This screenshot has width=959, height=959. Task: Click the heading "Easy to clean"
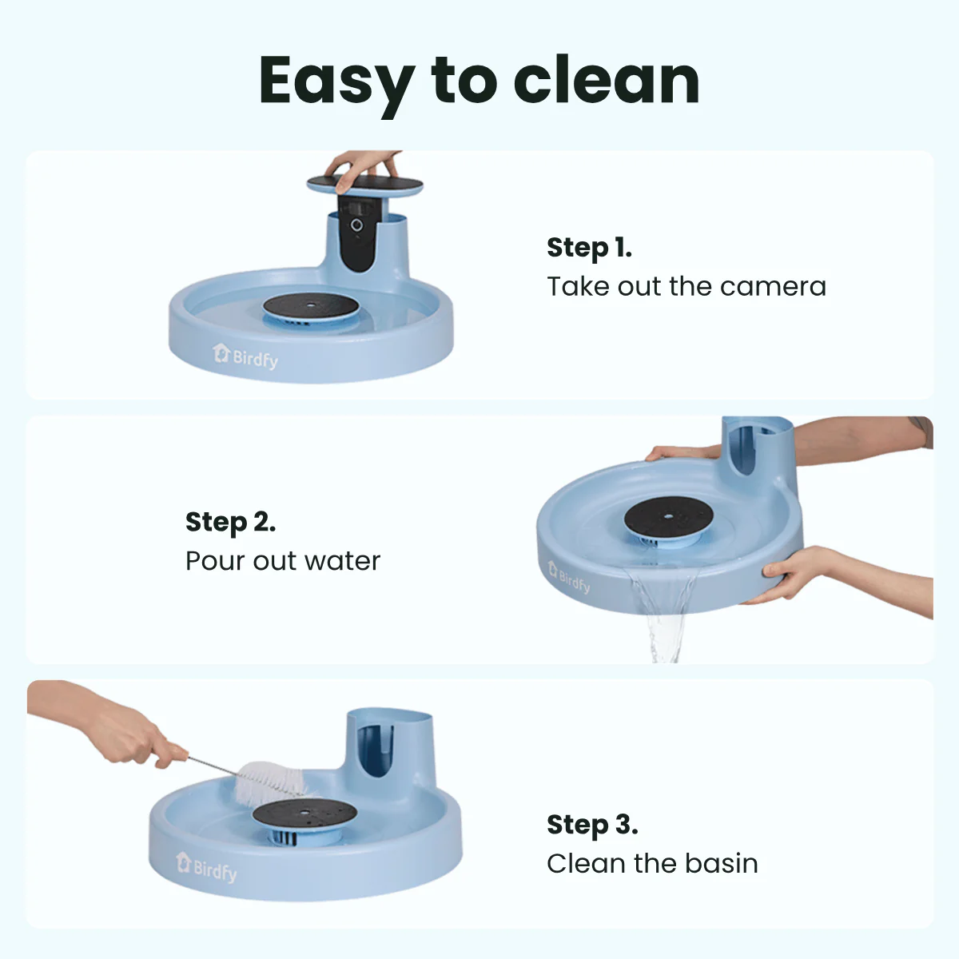(479, 81)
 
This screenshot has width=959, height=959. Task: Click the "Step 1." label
(589, 248)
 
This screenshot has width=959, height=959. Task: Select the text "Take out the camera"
(686, 286)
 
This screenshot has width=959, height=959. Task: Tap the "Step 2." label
(230, 522)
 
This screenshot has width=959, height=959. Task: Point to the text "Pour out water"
(282, 561)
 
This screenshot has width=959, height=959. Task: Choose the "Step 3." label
(591, 825)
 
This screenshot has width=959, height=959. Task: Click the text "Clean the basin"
(652, 863)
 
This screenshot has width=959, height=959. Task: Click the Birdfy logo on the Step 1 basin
(245, 356)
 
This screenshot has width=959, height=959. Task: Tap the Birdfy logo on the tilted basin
(569, 577)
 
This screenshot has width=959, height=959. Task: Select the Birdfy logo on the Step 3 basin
(206, 867)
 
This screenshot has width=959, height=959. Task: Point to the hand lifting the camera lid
(364, 166)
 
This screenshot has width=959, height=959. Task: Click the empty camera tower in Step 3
(389, 748)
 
